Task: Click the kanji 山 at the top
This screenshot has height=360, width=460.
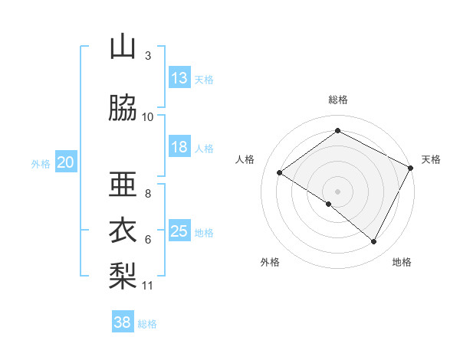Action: (x=123, y=47)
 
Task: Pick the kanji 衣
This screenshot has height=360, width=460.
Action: (x=123, y=230)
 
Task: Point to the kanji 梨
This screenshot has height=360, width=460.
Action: (x=123, y=273)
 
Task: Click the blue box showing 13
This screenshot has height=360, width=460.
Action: (x=179, y=78)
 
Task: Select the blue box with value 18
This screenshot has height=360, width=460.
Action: (x=179, y=147)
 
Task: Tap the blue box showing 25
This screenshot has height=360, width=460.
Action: (x=179, y=231)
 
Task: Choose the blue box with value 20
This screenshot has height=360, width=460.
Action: (x=66, y=162)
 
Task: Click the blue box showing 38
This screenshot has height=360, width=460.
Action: (x=123, y=322)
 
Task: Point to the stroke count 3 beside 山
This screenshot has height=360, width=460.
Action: (x=148, y=56)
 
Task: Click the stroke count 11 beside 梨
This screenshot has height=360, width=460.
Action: (x=148, y=286)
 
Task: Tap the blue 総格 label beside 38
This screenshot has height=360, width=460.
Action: (x=148, y=324)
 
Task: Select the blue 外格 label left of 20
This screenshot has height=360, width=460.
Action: (x=41, y=163)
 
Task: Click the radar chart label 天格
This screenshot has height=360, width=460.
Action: (x=431, y=159)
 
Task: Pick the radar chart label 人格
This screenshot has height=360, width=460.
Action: (x=245, y=159)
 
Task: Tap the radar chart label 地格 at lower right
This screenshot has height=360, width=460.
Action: (x=402, y=262)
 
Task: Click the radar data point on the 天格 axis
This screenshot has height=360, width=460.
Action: (x=411, y=167)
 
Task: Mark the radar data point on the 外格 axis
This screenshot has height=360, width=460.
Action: (x=329, y=204)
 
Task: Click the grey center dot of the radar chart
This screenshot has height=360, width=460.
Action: (x=337, y=191)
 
